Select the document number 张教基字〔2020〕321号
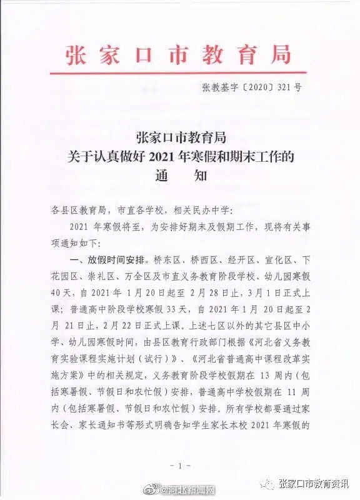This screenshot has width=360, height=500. click(x=251, y=88)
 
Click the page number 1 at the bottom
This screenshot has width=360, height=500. click(x=179, y=467)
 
